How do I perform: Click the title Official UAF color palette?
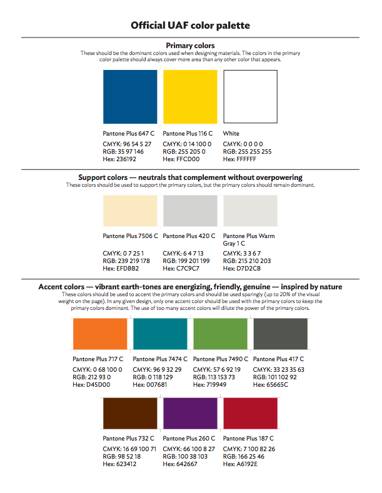click(190, 26)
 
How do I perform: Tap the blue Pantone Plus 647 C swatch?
click(130, 97)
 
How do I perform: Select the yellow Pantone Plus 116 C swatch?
click(190, 97)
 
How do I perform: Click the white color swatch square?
click(250, 97)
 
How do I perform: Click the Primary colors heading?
click(190, 46)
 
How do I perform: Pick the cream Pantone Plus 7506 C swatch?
click(130, 211)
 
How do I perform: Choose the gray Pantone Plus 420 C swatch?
click(190, 211)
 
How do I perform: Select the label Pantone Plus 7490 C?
click(221, 359)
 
